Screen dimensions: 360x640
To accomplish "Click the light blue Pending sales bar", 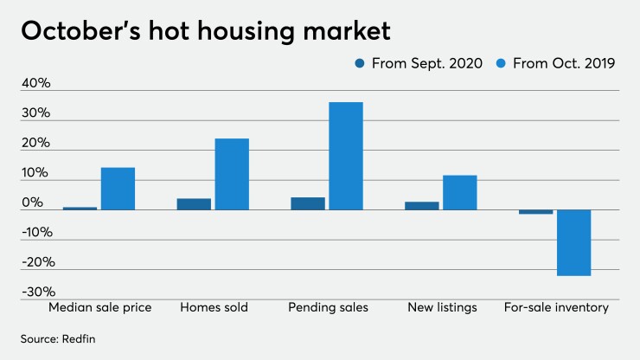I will [346, 156].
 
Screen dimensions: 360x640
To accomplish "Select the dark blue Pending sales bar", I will [307, 203].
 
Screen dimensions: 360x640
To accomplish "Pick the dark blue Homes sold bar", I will [194, 204].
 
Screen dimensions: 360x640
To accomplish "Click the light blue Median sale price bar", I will [118, 189].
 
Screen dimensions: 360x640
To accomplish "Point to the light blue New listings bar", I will [459, 193].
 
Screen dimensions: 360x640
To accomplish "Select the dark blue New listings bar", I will [421, 206].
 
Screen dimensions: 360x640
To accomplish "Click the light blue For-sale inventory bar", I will [573, 243].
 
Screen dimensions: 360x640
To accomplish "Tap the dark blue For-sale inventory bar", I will [535, 212].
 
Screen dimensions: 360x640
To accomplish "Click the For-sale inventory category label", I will [554, 307].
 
